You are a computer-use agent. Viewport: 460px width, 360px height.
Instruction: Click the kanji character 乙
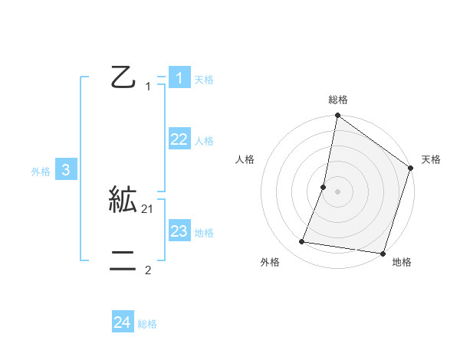(123, 77)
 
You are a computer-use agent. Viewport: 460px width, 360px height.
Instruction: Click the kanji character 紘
(123, 201)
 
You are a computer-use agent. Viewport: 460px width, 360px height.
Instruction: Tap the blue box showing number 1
(179, 78)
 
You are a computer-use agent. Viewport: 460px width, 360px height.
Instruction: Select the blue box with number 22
(179, 139)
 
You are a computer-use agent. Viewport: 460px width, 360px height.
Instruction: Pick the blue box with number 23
(179, 231)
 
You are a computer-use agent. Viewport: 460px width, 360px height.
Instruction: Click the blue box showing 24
(122, 322)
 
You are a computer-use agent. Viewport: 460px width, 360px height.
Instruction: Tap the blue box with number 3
(66, 170)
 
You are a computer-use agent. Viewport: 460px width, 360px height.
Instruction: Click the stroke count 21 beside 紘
(148, 209)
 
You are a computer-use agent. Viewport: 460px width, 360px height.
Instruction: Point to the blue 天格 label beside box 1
(204, 80)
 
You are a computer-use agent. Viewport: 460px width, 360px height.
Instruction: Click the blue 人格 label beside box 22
(204, 141)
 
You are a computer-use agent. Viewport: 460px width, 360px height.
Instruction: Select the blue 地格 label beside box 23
(204, 233)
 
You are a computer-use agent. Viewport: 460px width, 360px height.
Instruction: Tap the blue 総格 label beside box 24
(147, 324)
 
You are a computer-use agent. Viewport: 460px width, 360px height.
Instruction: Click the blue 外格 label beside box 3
(41, 172)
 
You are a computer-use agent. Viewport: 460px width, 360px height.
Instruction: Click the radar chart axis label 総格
(337, 100)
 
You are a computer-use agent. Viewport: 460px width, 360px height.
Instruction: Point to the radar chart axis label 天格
(431, 159)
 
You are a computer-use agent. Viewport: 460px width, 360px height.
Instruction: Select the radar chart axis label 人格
(245, 159)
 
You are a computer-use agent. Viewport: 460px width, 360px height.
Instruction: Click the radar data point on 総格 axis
(337, 116)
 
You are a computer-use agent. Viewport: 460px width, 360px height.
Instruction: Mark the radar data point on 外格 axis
(302, 242)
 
